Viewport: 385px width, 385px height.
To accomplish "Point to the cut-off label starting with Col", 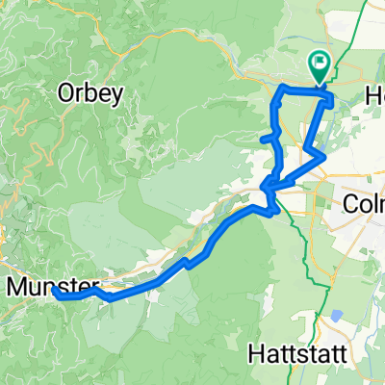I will [364, 204].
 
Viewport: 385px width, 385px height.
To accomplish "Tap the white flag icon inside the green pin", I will [320, 64].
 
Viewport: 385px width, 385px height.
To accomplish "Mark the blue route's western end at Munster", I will [56, 295].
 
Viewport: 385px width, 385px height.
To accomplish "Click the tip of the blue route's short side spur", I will [262, 140].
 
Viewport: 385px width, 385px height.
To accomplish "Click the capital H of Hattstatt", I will [253, 352].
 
